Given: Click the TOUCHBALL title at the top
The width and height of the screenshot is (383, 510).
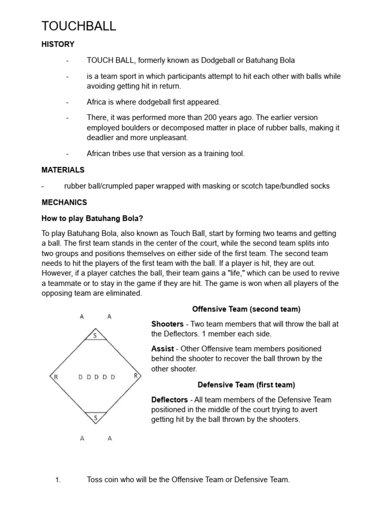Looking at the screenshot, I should (x=78, y=26).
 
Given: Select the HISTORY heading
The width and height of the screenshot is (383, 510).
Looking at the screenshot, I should (x=58, y=44).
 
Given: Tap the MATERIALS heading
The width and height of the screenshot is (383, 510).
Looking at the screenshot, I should (x=63, y=170).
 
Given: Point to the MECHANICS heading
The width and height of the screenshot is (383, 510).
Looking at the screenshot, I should (x=64, y=202).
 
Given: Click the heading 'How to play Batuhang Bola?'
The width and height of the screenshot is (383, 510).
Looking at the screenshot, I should (x=92, y=218).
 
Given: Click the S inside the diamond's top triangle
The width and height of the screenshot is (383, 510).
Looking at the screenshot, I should (x=95, y=336).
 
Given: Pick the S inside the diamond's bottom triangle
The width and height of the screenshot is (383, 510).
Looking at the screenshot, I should (x=95, y=418).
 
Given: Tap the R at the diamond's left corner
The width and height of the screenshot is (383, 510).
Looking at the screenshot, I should (x=56, y=377).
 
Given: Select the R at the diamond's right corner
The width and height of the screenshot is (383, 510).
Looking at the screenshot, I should (x=135, y=376).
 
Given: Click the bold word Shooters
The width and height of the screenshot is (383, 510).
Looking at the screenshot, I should (x=168, y=324).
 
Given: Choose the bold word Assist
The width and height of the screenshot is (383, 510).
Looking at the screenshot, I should (x=163, y=349).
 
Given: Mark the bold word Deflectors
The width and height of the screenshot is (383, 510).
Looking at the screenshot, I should (x=170, y=399).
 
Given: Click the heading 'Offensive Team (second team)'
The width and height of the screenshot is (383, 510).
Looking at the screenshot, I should (x=246, y=309).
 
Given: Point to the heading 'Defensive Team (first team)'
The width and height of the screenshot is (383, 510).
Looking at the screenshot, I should (x=246, y=384).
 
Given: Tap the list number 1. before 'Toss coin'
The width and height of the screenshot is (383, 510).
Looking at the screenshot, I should (x=58, y=480).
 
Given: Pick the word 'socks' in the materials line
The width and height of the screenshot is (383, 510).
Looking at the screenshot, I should (x=320, y=186).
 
